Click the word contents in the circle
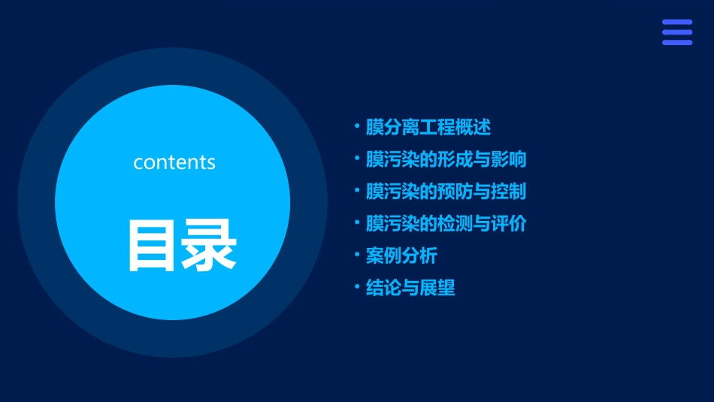coord(174,162)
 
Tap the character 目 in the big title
coord(154,246)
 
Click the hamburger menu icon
coord(677,32)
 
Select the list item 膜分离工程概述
coord(428,128)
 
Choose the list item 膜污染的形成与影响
coord(446,159)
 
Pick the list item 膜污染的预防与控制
coord(446,192)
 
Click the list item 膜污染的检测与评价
coord(446,224)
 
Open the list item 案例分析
coord(401,255)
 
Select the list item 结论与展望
coord(410,288)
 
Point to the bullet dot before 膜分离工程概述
coord(357,127)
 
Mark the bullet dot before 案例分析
coord(357,255)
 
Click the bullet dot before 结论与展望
coord(357,287)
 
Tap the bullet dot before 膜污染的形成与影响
coord(357,159)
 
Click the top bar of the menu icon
coord(677,23)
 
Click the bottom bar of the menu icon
coord(677,42)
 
